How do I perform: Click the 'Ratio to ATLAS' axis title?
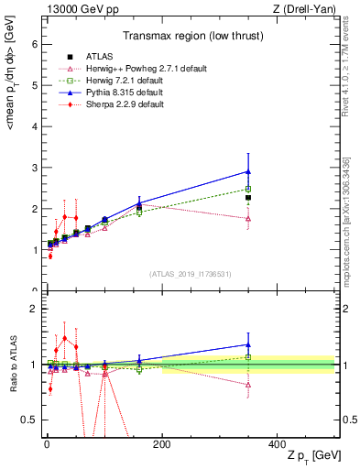coord(11,364)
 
